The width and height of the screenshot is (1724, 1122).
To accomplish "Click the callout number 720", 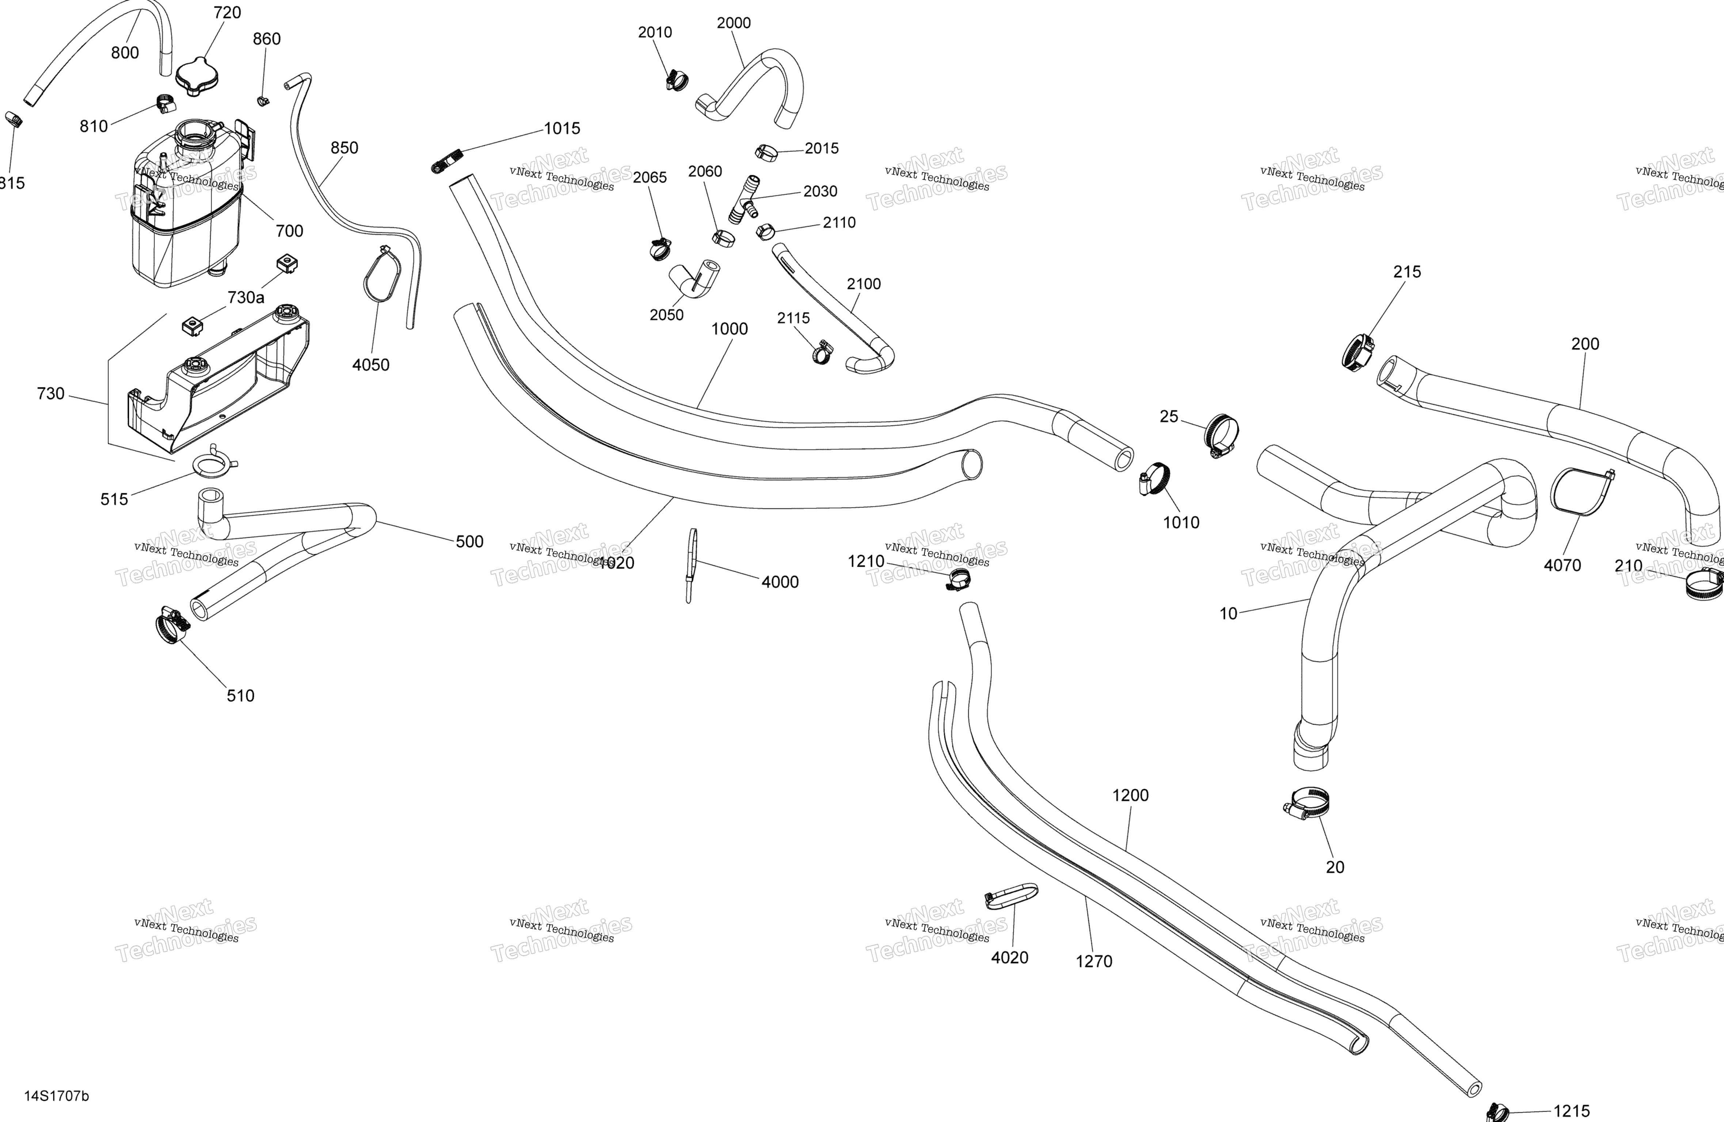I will click(x=228, y=12).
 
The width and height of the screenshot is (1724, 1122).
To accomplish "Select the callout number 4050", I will click(x=371, y=365).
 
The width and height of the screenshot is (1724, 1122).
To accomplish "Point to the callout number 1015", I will click(x=562, y=129).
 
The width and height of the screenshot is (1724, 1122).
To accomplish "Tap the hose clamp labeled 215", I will click(x=1358, y=352).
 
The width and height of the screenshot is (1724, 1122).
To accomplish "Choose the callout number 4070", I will click(x=1563, y=565).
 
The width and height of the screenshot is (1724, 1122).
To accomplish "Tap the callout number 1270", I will click(x=1094, y=961).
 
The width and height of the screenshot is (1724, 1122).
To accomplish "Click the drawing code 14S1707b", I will click(x=57, y=1096).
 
